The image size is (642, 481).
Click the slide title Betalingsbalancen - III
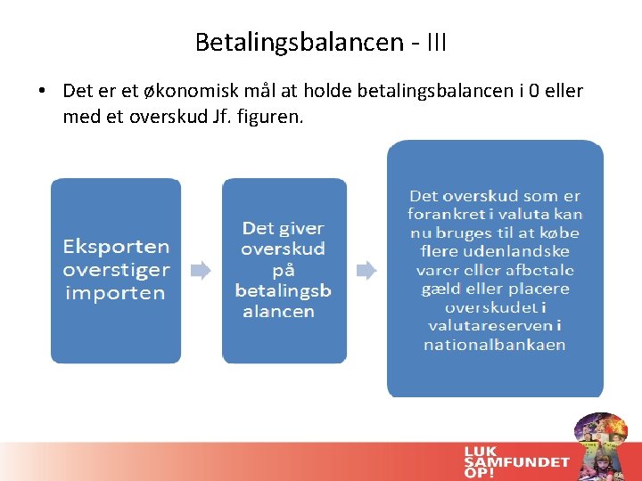[321, 42]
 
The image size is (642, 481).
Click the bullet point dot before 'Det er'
[42, 92]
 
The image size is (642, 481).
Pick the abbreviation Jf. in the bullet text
[222, 116]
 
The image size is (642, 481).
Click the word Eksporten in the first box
[116, 246]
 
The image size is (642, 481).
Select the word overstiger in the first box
[116, 269]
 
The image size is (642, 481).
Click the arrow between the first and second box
[202, 270]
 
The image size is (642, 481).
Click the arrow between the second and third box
[366, 270]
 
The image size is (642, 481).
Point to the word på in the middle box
[283, 270]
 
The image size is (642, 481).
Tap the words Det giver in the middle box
[283, 228]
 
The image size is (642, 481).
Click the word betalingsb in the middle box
[283, 290]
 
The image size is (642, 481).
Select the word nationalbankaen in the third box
[494, 345]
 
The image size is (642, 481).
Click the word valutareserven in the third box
[494, 326]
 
